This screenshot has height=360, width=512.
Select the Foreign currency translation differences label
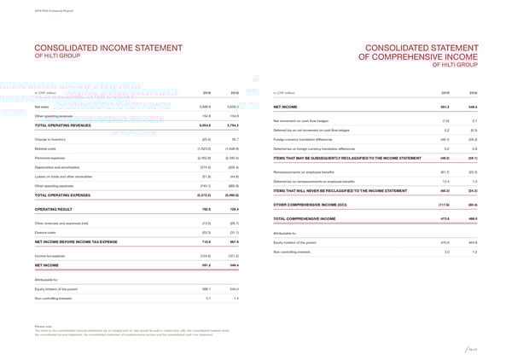309,138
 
